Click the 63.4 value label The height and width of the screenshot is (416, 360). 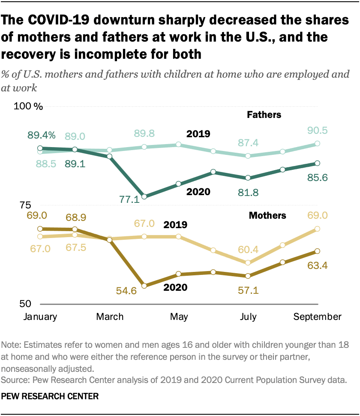coord(318,265)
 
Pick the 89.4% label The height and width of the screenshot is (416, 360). coord(42,135)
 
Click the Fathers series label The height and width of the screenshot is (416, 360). coord(264,115)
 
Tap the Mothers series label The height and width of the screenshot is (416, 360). coord(267,215)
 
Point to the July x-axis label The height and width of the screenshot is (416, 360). coord(248,317)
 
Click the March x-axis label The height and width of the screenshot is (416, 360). coord(110,317)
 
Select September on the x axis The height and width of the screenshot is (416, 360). coord(317,317)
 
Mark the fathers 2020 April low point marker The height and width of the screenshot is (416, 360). coord(144,196)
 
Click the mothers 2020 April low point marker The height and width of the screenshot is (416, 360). coord(144,286)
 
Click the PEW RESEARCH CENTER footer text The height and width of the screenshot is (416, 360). coord(51,397)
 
